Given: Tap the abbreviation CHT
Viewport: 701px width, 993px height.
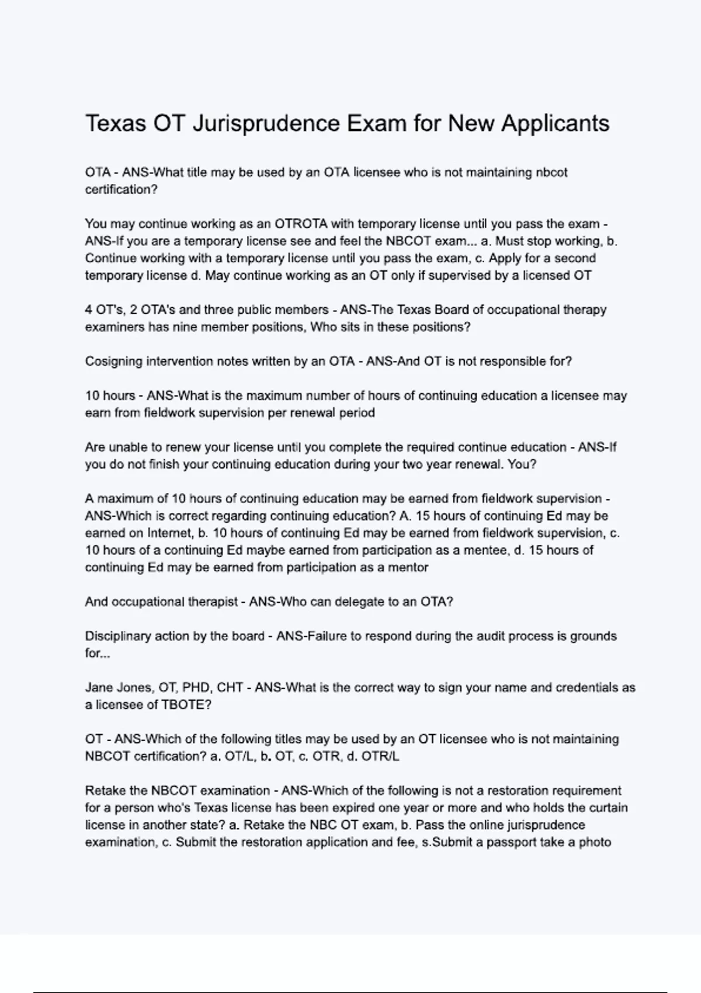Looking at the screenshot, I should coord(230,688).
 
